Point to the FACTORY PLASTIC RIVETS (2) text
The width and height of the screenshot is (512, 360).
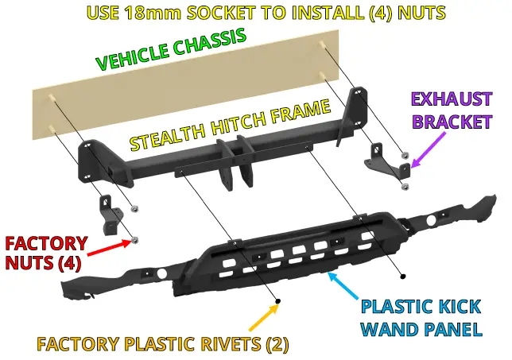(x=162, y=344)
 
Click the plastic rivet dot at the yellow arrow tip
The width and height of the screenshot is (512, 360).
(x=279, y=300)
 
